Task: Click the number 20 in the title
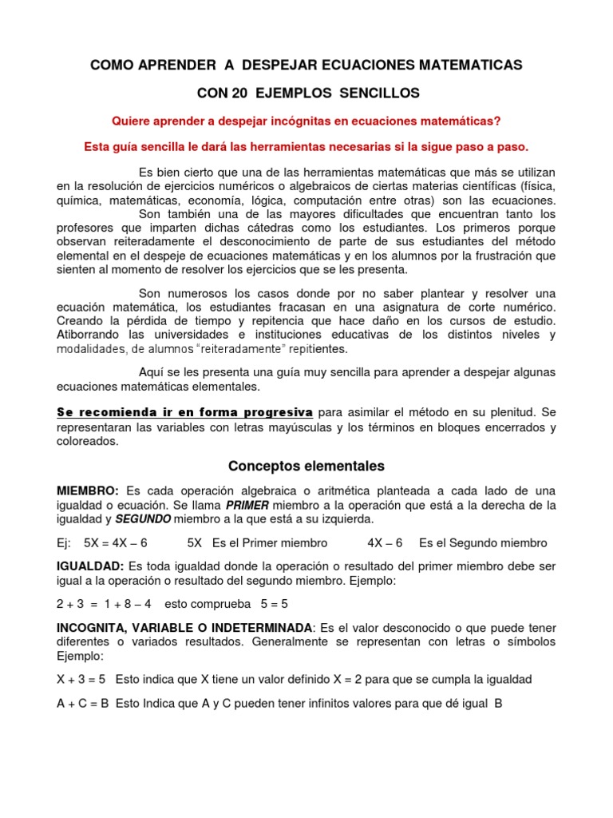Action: (x=239, y=93)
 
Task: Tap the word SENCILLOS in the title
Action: (x=379, y=93)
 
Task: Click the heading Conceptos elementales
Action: (x=306, y=466)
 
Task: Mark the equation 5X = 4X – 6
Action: (x=116, y=543)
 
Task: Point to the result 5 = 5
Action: (x=263, y=605)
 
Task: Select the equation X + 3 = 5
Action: (x=82, y=680)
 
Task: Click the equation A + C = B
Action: (x=84, y=704)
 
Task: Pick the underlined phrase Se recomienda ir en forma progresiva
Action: (x=184, y=413)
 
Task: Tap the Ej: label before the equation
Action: (x=65, y=543)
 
